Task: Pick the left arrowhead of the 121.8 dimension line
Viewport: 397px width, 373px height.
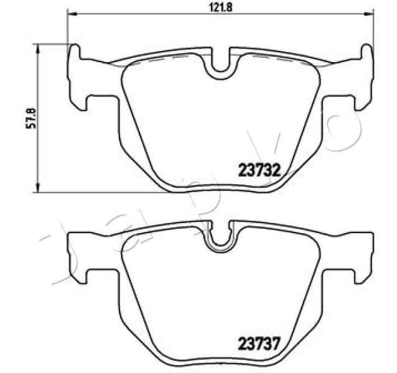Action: click(70, 14)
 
